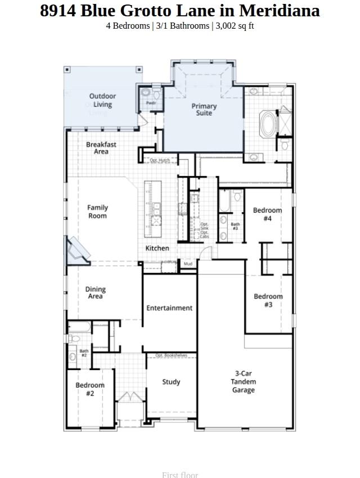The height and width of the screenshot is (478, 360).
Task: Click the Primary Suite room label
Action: point(204,110)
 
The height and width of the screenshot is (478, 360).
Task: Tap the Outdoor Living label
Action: point(102,100)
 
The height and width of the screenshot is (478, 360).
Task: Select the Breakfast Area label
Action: point(101,148)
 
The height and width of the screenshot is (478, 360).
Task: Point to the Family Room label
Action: point(97,211)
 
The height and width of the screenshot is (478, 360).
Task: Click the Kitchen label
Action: point(157,248)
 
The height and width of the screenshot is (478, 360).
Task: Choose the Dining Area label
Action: point(95,293)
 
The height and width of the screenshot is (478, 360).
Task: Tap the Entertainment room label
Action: point(169,308)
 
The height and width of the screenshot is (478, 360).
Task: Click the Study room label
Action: point(171,382)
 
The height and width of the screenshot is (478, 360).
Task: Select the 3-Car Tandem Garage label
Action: point(243,382)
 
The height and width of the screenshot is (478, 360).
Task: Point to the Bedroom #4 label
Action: point(267,214)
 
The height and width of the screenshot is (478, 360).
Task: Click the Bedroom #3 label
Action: point(268,300)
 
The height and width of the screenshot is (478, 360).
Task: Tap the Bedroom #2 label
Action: point(90,389)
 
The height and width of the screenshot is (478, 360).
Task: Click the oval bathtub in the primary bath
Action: point(268,123)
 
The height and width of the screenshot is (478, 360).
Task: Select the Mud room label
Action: point(188,264)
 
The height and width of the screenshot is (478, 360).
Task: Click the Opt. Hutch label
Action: point(160,161)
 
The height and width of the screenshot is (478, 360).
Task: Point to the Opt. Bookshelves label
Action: point(171,355)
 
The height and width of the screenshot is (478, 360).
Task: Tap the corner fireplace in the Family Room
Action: point(76,249)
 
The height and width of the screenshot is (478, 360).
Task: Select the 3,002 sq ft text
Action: point(235,25)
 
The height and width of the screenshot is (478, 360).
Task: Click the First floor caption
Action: point(180,475)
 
